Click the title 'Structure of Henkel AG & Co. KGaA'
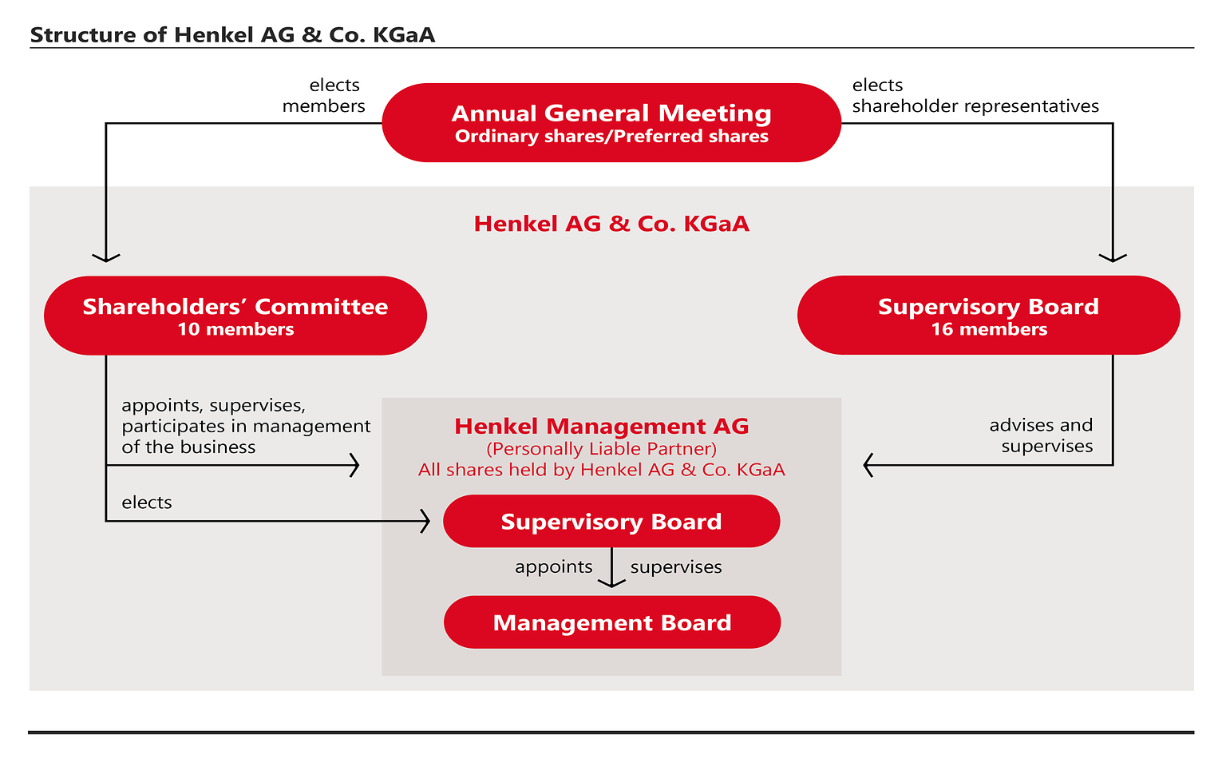coord(232,35)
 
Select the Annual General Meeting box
coord(611,122)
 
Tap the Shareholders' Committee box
coord(235,316)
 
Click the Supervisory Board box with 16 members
coord(988,316)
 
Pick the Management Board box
coord(612,622)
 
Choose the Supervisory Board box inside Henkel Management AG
coord(611,522)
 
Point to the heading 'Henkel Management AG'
coord(602,426)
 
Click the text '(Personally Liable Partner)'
coord(602,448)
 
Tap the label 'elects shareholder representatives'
coord(975,96)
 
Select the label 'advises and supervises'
coord(1042,435)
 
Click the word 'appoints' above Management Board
coord(554,567)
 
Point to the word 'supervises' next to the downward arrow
coord(676,567)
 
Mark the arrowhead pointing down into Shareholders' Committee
coord(106,257)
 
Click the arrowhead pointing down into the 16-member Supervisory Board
coord(1113,257)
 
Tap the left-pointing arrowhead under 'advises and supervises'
coord(868,465)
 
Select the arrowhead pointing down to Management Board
coord(611,584)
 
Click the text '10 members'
coord(235,329)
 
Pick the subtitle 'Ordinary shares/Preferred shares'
coord(611,137)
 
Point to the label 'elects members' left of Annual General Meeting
coord(324,96)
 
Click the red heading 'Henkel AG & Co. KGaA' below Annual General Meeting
coord(611,224)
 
